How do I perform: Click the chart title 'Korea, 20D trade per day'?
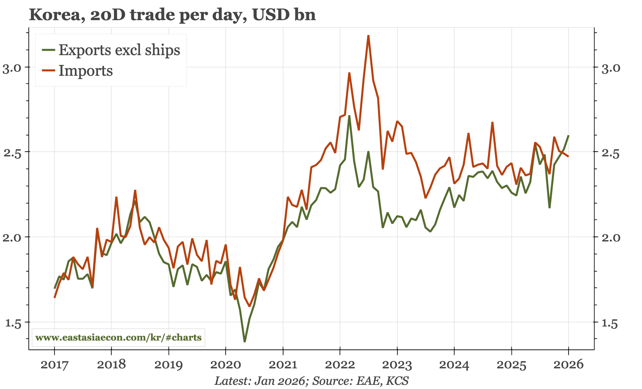(172, 15)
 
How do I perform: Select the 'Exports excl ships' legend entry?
(119, 50)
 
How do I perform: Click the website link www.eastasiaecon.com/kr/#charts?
(118, 337)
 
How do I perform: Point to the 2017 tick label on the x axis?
(54, 365)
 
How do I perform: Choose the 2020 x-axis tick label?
(226, 365)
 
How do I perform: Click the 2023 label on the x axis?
(397, 365)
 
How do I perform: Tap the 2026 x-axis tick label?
(568, 365)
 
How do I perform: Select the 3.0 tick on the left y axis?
(12, 68)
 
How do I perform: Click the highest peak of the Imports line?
(369, 36)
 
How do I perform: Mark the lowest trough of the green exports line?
(245, 341)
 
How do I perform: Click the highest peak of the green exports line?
(349, 116)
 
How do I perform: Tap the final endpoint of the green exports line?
(568, 136)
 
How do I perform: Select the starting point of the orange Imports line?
(55, 298)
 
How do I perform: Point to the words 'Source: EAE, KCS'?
(360, 381)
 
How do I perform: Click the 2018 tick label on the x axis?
(111, 365)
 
